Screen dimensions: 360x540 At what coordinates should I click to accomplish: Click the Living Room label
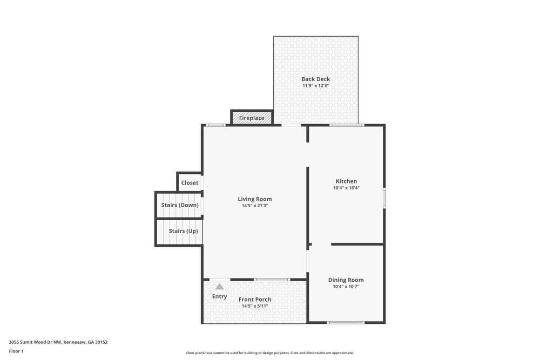point(255,199)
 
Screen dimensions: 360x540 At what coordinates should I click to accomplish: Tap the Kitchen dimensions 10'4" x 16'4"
point(346,188)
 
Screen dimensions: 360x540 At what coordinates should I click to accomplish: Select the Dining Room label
point(346,280)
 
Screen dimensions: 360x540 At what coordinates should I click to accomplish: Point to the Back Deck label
point(315,79)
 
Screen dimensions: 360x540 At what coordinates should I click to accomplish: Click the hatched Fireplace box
point(252,118)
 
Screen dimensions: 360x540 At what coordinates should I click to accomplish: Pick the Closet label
point(190,183)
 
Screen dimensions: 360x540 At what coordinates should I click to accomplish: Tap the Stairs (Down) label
point(180,205)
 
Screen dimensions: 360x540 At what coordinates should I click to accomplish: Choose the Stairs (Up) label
point(183,231)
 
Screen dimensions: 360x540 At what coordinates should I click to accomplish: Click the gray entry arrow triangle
point(219,287)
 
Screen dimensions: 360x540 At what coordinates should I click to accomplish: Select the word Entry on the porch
point(219,297)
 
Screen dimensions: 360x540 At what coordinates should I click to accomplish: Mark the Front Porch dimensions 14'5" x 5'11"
point(255,306)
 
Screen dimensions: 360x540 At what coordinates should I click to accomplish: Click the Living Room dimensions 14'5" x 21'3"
point(255,206)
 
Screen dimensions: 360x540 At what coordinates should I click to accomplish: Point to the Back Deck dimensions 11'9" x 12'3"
point(315,86)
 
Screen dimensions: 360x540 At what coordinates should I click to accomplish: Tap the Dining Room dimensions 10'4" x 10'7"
point(346,287)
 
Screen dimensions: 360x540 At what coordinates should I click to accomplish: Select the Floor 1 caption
point(16,351)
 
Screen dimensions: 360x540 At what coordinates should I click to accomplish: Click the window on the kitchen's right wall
point(384,198)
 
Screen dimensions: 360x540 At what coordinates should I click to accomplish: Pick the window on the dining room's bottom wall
point(346,323)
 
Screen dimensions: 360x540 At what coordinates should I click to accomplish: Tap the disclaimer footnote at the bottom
point(270,352)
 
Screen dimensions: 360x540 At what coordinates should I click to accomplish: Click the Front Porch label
point(255,300)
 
